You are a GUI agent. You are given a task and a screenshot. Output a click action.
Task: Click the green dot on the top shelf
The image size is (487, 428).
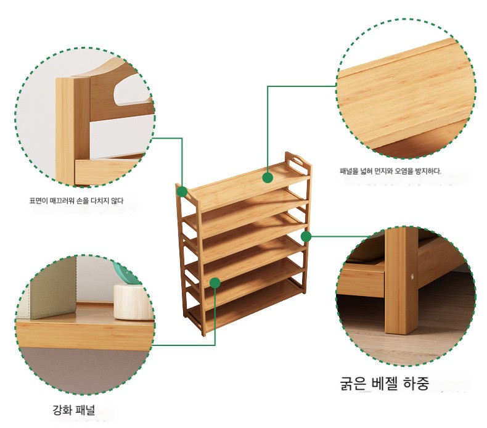click(268, 178)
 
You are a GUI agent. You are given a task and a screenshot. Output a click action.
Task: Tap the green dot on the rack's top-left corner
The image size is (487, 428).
click(182, 191)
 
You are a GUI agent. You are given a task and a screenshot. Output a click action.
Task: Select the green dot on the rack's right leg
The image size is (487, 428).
click(306, 237)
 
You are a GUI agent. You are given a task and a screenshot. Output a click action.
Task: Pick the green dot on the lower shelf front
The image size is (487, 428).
click(215, 283)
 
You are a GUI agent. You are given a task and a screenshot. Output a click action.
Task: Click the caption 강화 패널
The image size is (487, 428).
click(73, 410)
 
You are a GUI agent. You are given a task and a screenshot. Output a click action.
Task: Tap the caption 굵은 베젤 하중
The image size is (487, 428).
click(385, 383)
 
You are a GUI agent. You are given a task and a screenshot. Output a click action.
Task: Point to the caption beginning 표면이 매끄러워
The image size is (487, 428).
click(76, 201)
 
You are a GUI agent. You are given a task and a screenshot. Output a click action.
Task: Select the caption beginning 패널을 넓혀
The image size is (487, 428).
click(390, 171)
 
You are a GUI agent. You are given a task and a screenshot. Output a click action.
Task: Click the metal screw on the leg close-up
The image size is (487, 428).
click(412, 276)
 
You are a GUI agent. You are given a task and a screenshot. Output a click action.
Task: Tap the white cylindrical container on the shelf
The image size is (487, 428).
click(133, 302)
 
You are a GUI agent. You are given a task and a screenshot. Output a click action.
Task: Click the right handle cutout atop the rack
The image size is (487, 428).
click(297, 162)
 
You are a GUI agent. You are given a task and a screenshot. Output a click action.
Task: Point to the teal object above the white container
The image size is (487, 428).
click(126, 274)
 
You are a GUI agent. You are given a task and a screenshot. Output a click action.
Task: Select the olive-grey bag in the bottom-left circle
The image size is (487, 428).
click(53, 287)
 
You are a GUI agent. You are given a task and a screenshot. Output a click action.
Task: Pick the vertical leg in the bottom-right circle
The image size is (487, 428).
click(401, 281)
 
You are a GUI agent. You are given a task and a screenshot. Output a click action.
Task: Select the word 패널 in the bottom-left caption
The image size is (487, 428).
click(85, 410)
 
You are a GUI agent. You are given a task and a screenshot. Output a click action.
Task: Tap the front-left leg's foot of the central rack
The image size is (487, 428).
click(204, 333)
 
